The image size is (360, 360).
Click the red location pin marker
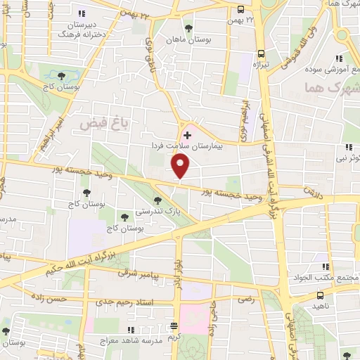(181, 165)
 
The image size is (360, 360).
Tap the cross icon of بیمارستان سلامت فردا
(186, 134)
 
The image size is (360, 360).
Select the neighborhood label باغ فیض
(96, 123)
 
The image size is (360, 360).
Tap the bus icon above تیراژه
(261, 53)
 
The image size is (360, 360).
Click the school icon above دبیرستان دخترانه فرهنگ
(82, 13)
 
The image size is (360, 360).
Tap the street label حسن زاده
(48, 298)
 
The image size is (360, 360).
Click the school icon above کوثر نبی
(349, 147)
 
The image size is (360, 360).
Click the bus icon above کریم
(174, 326)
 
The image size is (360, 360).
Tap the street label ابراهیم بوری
(240, 116)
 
